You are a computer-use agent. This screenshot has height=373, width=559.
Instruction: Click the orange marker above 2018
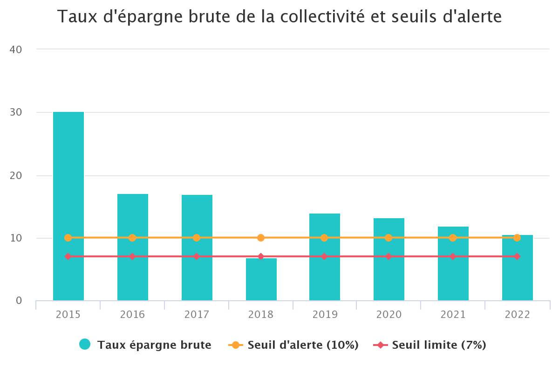point(261,238)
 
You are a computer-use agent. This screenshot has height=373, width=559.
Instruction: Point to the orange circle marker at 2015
point(68,238)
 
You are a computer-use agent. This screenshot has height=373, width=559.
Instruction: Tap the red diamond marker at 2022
point(517,256)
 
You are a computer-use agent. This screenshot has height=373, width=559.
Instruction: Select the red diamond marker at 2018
point(261,256)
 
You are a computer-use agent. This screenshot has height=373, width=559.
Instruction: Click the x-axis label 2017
point(197,315)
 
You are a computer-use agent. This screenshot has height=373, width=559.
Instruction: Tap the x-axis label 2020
point(389,315)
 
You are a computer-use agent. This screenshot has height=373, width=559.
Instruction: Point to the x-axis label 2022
point(518,315)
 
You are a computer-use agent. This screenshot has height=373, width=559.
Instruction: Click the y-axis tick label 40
point(16,49)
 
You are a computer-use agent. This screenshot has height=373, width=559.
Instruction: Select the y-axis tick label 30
point(16,112)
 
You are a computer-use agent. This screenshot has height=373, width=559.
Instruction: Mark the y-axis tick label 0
point(19,301)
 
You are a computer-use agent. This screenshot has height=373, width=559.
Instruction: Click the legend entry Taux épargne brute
point(154,345)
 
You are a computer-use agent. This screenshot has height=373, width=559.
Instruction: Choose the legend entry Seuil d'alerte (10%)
point(303,345)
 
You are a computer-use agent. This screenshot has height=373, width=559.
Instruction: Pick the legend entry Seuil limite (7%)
point(439,345)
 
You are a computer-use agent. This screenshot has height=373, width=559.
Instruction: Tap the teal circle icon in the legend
point(85,345)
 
